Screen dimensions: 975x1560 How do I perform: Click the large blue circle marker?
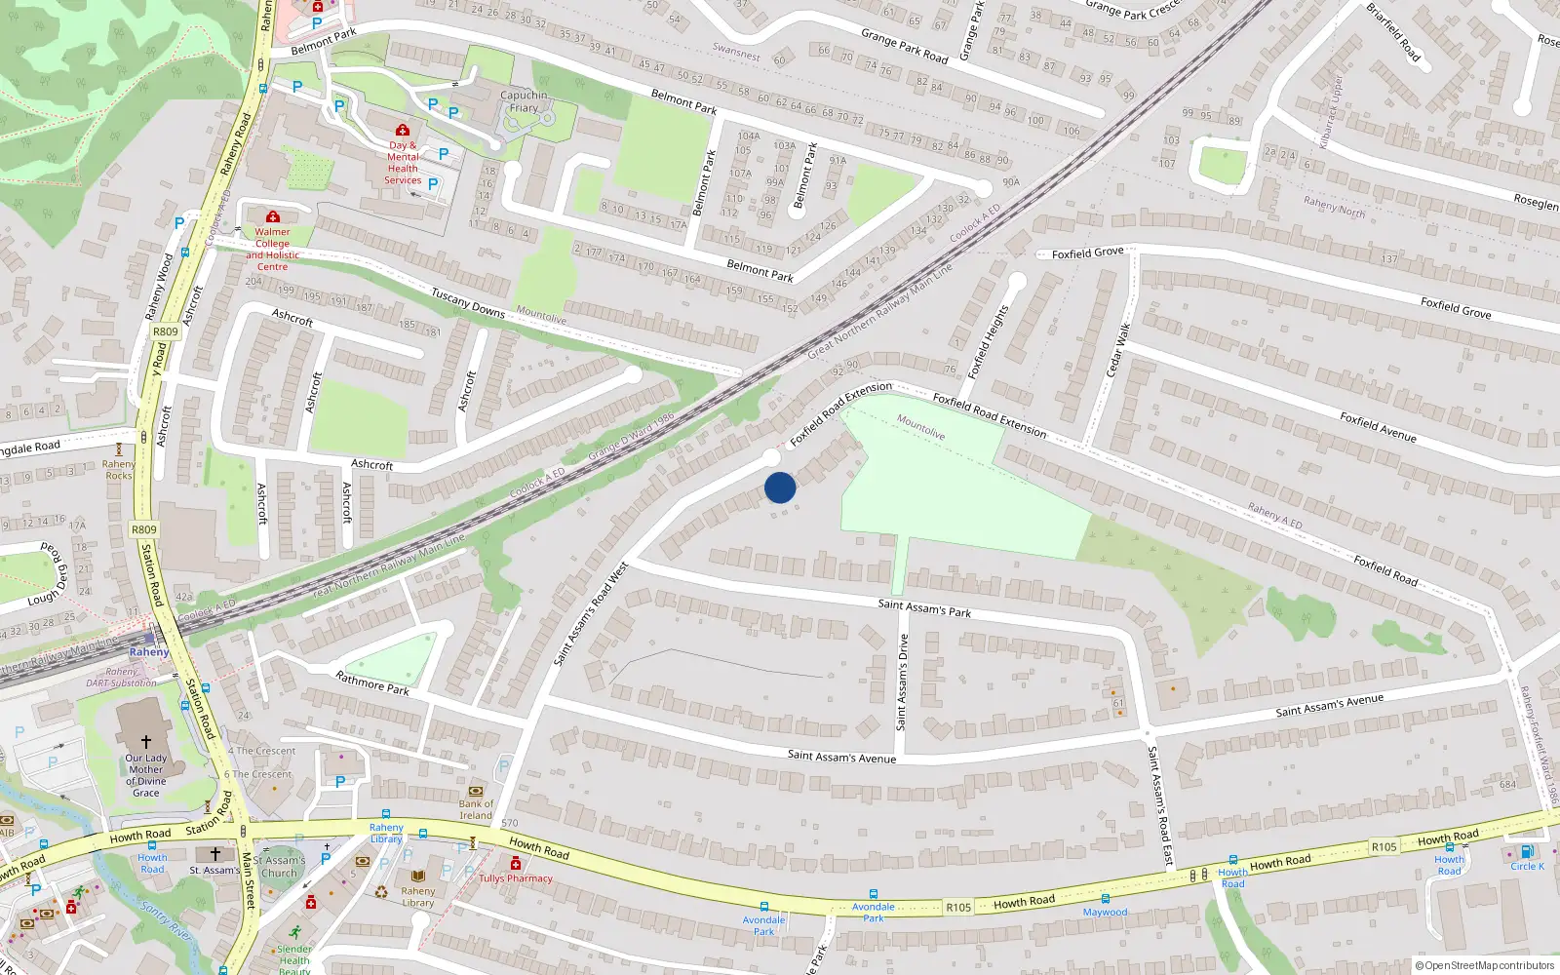pyautogui.click(x=780, y=487)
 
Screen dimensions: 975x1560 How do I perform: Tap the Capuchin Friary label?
pyautogui.click(x=524, y=101)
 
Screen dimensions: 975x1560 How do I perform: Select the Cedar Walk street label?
pyautogui.click(x=1117, y=350)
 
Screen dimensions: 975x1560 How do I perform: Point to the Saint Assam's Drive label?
pyautogui.click(x=902, y=682)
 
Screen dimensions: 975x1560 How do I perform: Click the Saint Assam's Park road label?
pyautogui.click(x=924, y=607)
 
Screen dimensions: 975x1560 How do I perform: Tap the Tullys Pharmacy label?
pyautogui.click(x=515, y=878)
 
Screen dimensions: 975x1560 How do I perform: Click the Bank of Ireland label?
pyautogui.click(x=476, y=809)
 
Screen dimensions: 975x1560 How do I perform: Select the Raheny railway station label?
pyautogui.click(x=149, y=651)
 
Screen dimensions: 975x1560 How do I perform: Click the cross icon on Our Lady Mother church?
pyautogui.click(x=146, y=742)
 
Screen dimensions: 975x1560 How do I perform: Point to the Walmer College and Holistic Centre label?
pyautogui.click(x=272, y=249)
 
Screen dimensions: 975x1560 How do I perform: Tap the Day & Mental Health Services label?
pyautogui.click(x=403, y=163)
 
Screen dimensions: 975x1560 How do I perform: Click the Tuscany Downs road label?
pyautogui.click(x=468, y=302)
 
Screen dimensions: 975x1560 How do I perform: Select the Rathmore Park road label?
pyautogui.click(x=372, y=682)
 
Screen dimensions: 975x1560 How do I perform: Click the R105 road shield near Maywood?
pyautogui.click(x=958, y=908)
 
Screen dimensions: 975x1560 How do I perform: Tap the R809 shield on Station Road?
pyautogui.click(x=143, y=529)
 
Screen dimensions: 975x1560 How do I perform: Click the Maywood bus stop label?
pyautogui.click(x=1105, y=913)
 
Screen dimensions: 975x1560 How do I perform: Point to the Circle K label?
pyautogui.click(x=1527, y=866)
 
